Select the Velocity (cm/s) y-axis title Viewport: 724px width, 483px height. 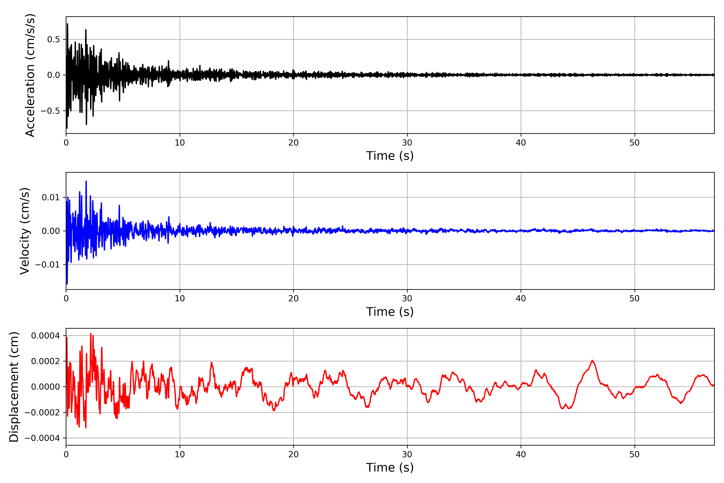click(25, 231)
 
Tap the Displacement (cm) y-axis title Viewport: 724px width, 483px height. click(14, 387)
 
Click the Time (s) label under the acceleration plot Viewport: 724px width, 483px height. click(390, 156)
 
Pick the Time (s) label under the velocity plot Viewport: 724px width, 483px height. click(390, 312)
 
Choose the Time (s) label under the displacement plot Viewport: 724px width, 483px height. click(390, 468)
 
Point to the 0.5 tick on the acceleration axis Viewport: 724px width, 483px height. click(53, 39)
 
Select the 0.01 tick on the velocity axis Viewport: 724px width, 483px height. click(51, 197)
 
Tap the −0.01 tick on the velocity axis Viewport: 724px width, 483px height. click(48, 265)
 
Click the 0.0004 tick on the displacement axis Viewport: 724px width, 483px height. click(46, 335)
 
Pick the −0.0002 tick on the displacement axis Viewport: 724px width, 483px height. click(42, 412)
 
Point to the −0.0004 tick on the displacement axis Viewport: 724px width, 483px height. click(42, 438)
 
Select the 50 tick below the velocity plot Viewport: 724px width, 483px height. click(635, 298)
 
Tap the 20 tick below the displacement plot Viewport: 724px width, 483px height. click(293, 454)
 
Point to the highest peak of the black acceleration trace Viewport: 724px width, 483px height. click(67, 24)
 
